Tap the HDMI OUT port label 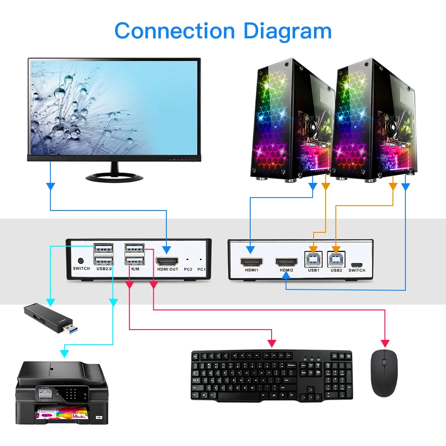tap(167, 269)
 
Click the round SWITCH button tap(81, 261)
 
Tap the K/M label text tap(134, 269)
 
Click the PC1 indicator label tap(201, 269)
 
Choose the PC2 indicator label tap(188, 269)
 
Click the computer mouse tap(384, 373)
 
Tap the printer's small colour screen tap(45, 394)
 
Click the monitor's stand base tap(115, 177)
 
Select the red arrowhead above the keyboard tap(272, 343)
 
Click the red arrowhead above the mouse tap(385, 343)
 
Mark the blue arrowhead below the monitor tap(51, 186)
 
